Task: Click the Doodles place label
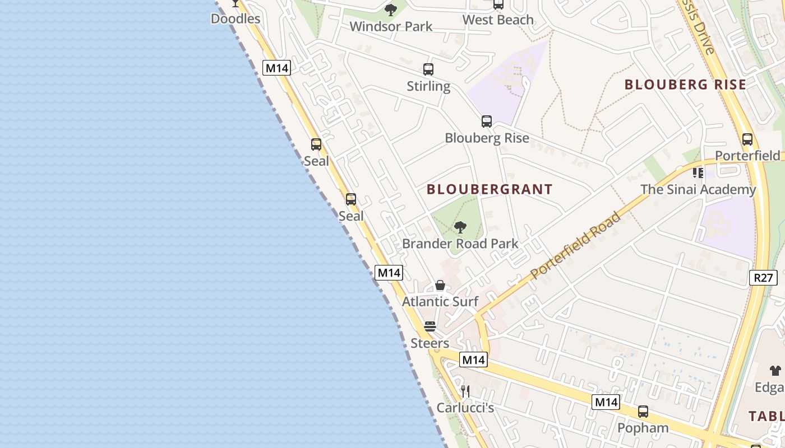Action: [235, 18]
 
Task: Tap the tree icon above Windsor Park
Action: [391, 10]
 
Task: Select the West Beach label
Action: [498, 20]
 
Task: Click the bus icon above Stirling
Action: [428, 69]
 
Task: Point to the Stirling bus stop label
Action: [428, 86]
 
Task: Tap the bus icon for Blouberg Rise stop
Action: [487, 121]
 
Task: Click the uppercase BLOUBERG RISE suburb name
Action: [685, 85]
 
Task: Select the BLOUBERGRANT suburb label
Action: [490, 189]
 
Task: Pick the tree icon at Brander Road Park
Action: [460, 227]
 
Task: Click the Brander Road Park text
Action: [460, 244]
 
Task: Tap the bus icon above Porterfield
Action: [747, 139]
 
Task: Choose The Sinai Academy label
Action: [698, 189]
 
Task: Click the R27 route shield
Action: [763, 277]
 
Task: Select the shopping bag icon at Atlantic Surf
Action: [440, 285]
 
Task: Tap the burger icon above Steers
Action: [430, 326]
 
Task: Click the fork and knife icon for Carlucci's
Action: [465, 391]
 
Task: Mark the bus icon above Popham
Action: [643, 412]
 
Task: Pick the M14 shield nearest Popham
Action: [606, 402]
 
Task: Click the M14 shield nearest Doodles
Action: [277, 68]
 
